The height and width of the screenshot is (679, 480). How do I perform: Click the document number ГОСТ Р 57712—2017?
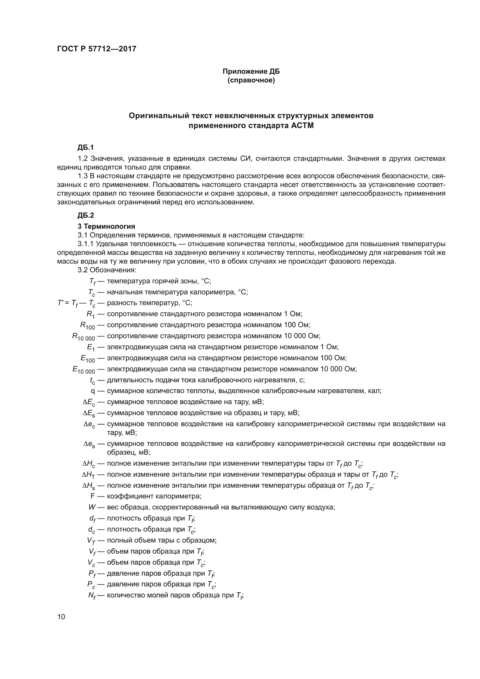(97, 49)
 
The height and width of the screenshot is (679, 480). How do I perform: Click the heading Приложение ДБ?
(251, 72)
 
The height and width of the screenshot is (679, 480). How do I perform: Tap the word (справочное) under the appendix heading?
(251, 80)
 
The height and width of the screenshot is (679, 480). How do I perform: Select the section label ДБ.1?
(85, 147)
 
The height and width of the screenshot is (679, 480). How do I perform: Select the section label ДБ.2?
(85, 215)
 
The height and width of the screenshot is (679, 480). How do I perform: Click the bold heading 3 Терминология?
(106, 226)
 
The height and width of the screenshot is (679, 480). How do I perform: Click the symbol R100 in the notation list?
(88, 326)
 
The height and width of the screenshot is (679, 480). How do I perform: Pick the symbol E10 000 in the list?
(84, 370)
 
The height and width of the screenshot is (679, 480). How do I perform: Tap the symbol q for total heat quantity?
(93, 391)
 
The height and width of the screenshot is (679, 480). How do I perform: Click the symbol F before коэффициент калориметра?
(93, 496)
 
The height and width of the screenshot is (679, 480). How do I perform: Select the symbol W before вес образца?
(92, 507)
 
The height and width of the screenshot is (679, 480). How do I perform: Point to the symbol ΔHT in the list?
(89, 475)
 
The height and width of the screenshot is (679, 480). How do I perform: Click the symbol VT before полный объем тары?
(91, 540)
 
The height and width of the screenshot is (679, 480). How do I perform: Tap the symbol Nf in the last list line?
(92, 595)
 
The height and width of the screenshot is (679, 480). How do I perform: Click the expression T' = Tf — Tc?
(76, 303)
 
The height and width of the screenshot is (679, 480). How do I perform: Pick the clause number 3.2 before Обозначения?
(82, 270)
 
